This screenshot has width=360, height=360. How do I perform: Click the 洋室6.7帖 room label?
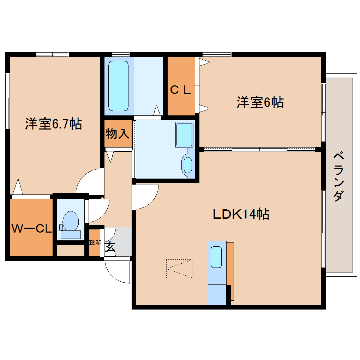(53, 124)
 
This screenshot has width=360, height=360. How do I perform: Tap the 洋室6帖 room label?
(260, 102)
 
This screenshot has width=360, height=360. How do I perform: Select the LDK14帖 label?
(241, 214)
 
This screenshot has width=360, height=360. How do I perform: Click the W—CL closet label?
(32, 229)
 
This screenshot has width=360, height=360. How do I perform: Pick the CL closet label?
(181, 90)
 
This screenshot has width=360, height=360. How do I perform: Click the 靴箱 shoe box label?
(95, 243)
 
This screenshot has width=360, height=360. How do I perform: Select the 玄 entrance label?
(110, 246)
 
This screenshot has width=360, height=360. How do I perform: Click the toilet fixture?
(71, 224)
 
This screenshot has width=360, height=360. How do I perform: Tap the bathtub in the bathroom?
(118, 86)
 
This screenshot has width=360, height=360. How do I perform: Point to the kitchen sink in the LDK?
(216, 257)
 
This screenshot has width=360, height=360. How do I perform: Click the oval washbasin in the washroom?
(188, 165)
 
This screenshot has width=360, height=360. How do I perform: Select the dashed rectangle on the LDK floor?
(179, 269)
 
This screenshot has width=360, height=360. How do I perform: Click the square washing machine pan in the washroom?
(185, 134)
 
